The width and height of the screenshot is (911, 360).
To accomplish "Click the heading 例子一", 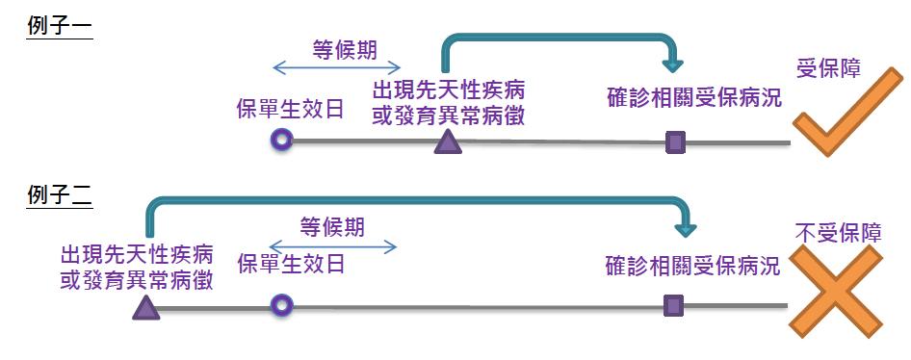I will point(59,28).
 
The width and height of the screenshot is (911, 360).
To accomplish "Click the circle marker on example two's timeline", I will point(281,306).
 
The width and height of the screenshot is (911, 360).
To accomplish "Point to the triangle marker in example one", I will point(447,142).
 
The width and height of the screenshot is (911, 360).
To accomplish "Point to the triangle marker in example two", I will point(145,307).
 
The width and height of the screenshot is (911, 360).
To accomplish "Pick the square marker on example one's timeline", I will point(675,142).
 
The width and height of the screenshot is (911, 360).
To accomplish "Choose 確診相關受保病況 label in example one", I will point(694,98).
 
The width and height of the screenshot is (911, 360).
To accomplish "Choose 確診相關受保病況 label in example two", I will point(692,266).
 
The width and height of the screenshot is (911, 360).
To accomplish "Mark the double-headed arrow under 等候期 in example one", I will point(336,67).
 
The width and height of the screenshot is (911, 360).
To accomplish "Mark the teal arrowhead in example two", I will point(685,228).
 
